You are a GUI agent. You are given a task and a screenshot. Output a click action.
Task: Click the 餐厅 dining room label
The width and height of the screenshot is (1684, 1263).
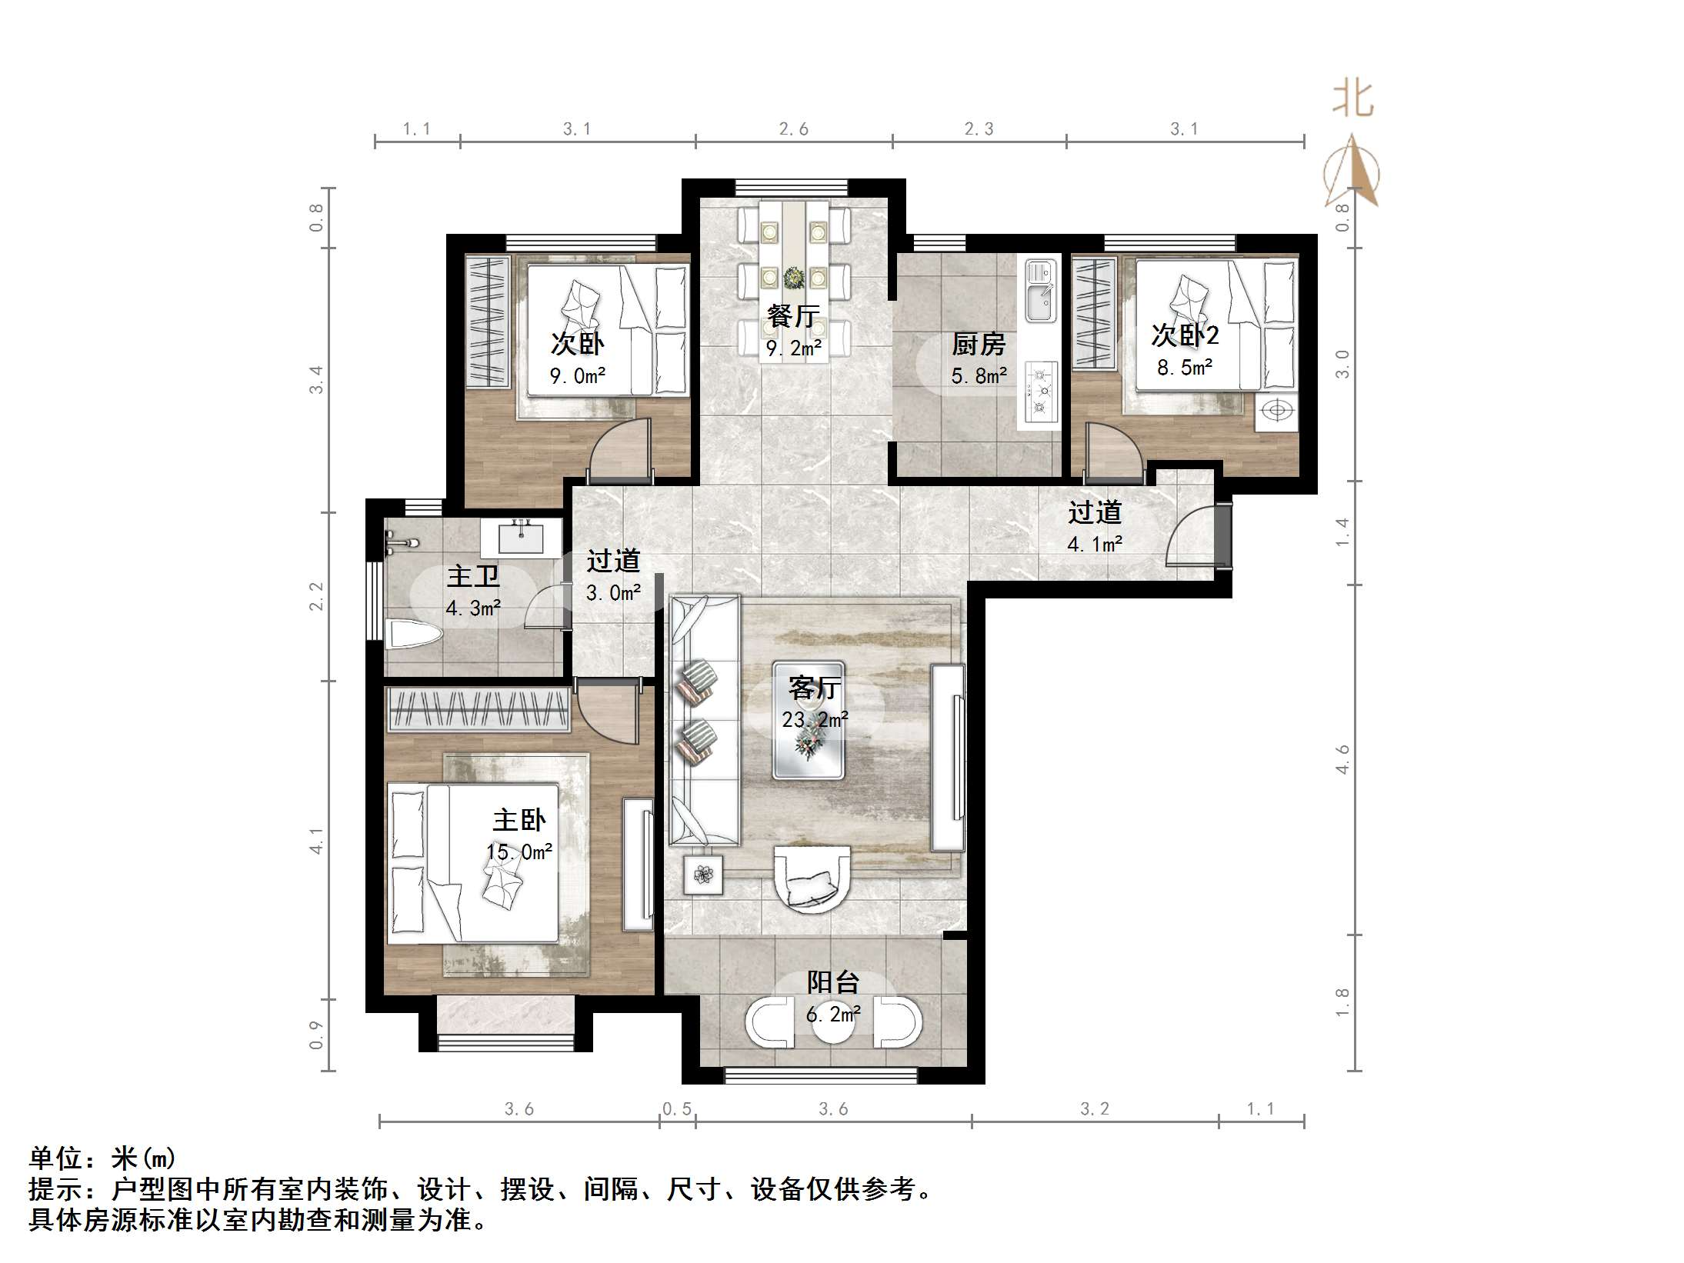click(793, 316)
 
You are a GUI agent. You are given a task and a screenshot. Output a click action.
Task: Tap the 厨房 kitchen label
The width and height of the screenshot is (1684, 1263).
click(979, 344)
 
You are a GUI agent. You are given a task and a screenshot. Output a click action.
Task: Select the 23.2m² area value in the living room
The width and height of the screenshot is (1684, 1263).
click(815, 719)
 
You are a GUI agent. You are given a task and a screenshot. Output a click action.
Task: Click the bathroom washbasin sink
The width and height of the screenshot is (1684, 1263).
click(521, 538)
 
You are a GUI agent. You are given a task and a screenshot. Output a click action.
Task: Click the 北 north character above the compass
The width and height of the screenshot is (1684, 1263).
click(1353, 101)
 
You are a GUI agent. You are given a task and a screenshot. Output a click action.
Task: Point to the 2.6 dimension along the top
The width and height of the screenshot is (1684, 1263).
click(793, 129)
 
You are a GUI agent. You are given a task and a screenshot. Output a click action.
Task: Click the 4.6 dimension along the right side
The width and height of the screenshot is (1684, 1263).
click(1342, 758)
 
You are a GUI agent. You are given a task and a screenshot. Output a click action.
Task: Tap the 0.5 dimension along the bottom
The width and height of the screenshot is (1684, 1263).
click(677, 1108)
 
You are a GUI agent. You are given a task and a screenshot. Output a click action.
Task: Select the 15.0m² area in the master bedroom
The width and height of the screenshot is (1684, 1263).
click(519, 851)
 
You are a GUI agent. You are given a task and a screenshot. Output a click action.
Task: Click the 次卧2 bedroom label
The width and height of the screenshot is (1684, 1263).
click(1185, 335)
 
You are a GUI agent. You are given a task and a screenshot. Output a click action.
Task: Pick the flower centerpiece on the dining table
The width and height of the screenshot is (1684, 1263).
click(792, 277)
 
